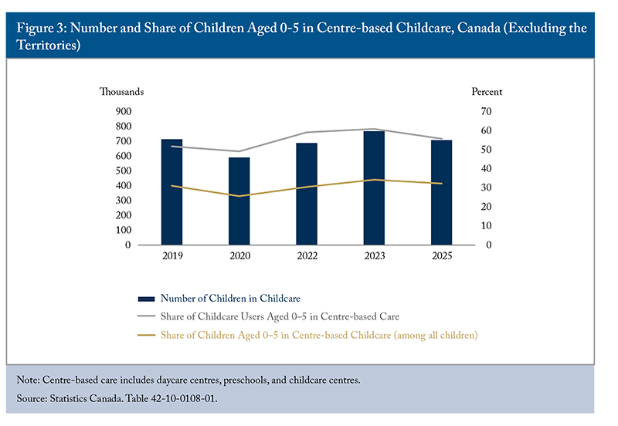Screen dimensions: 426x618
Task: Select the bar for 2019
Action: coord(171,193)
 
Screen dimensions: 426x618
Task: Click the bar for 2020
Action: coord(239,201)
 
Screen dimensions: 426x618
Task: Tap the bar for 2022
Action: coord(307,194)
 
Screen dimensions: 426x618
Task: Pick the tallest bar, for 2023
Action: coord(374,188)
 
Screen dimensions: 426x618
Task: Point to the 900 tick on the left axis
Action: coord(123,112)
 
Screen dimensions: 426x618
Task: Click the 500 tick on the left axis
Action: coord(123,171)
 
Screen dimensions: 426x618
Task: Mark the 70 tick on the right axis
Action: coord(486,112)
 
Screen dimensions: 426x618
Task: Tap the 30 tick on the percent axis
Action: coord(486,188)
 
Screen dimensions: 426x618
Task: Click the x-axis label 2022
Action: coord(307,256)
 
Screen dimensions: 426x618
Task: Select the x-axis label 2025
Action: coord(441,256)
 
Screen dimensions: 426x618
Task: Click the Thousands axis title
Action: coord(121,92)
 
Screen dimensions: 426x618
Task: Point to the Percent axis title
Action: coord(487,92)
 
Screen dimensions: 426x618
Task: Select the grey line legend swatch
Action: coord(146,316)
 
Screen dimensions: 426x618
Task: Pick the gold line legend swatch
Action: coord(146,335)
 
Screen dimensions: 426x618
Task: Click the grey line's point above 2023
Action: coord(374,129)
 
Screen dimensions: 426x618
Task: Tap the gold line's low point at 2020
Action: coord(239,196)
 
